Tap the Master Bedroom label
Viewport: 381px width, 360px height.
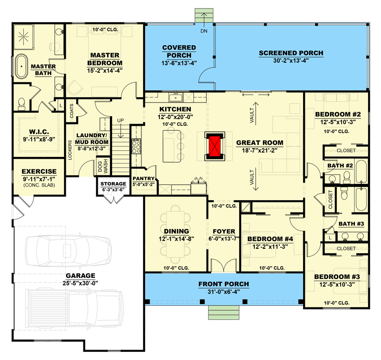pyautogui.click(x=104, y=59)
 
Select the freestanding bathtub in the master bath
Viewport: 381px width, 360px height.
pyautogui.click(x=22, y=67)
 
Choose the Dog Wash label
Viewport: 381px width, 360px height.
pyautogui.click(x=103, y=167)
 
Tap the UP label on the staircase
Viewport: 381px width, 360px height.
pyautogui.click(x=120, y=121)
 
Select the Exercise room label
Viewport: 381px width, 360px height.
pyautogui.click(x=39, y=171)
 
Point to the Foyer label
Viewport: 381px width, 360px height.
pyautogui.click(x=224, y=231)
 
